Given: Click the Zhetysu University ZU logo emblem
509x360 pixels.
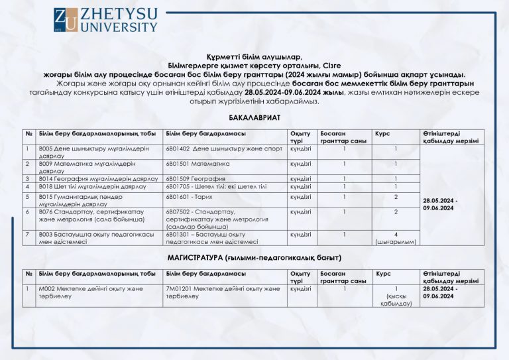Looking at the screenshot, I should click(64, 20).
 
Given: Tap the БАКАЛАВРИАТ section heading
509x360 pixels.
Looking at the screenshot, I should click(254, 117).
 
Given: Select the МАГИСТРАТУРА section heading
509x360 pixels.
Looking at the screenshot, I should click(254, 257).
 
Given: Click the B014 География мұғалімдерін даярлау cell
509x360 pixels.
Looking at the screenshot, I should click(98, 178).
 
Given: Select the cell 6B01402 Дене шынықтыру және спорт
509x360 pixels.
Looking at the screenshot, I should click(224, 149).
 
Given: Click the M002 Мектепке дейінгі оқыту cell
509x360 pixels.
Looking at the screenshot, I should click(90, 292).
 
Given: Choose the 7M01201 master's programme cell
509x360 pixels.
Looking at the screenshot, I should click(223, 292).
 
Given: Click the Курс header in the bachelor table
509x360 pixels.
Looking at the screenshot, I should click(383, 133).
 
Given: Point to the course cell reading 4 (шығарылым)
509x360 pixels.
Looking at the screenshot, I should click(396, 238).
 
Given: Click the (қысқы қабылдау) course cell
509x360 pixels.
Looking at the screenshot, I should click(396, 296).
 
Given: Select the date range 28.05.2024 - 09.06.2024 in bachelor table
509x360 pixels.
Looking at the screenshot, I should click(439, 204).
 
